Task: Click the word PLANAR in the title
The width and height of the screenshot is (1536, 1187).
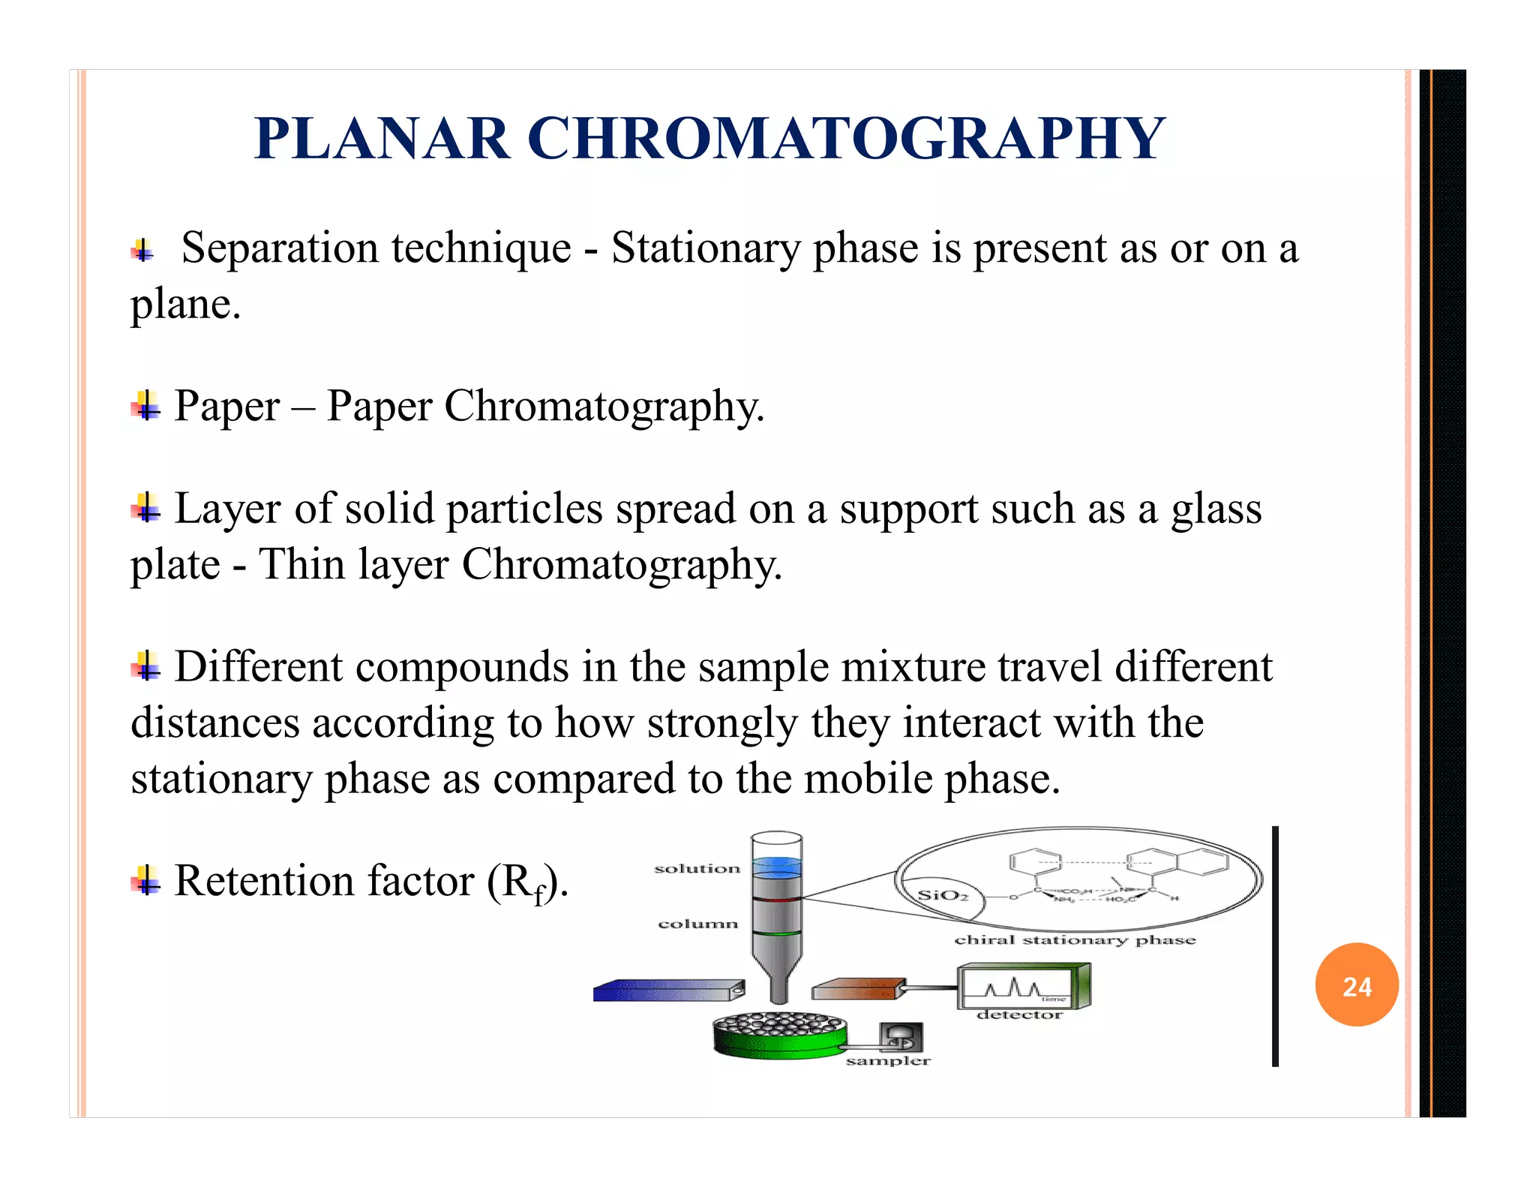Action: pyautogui.click(x=382, y=140)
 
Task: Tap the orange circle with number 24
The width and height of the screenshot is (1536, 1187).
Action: pyautogui.click(x=1356, y=985)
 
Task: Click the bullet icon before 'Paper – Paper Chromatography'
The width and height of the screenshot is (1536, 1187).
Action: pyautogui.click(x=145, y=406)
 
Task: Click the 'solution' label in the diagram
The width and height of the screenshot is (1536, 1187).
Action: pyautogui.click(x=697, y=869)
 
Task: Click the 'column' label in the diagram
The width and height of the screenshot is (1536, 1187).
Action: pyautogui.click(x=697, y=924)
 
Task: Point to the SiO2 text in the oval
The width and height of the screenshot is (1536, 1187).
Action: pyautogui.click(x=943, y=895)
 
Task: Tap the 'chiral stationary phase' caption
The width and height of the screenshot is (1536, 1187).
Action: pyautogui.click(x=1074, y=940)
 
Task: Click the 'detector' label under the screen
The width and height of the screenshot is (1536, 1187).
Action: pyautogui.click(x=1019, y=1014)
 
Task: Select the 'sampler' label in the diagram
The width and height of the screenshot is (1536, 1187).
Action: pyautogui.click(x=888, y=1060)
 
